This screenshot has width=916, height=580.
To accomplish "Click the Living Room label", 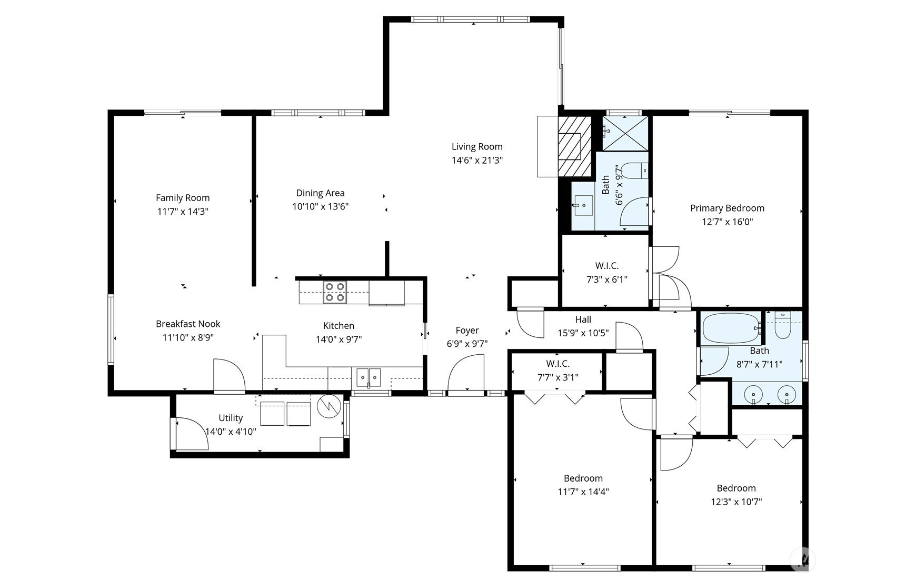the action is (477, 147).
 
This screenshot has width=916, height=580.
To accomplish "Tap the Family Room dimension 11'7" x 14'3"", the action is (183, 212).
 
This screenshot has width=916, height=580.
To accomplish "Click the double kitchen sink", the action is (369, 377).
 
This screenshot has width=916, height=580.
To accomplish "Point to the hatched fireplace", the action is (575, 146).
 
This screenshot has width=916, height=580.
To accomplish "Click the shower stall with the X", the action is (625, 133).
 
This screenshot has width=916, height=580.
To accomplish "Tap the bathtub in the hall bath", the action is (731, 328).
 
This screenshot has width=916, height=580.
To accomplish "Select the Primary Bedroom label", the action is (727, 208).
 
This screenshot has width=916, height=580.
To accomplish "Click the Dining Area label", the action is (320, 193).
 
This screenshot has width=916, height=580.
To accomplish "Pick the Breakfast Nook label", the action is (188, 324).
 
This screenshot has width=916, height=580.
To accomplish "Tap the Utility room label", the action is (231, 418).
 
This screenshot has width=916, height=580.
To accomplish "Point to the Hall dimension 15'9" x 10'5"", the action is (583, 333).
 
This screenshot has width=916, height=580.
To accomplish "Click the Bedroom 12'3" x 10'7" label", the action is (736, 495).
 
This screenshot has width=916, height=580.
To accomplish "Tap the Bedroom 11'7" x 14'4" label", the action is (583, 485).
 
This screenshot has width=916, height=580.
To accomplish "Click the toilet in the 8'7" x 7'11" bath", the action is (783, 326).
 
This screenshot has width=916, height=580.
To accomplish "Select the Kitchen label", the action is (338, 326).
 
